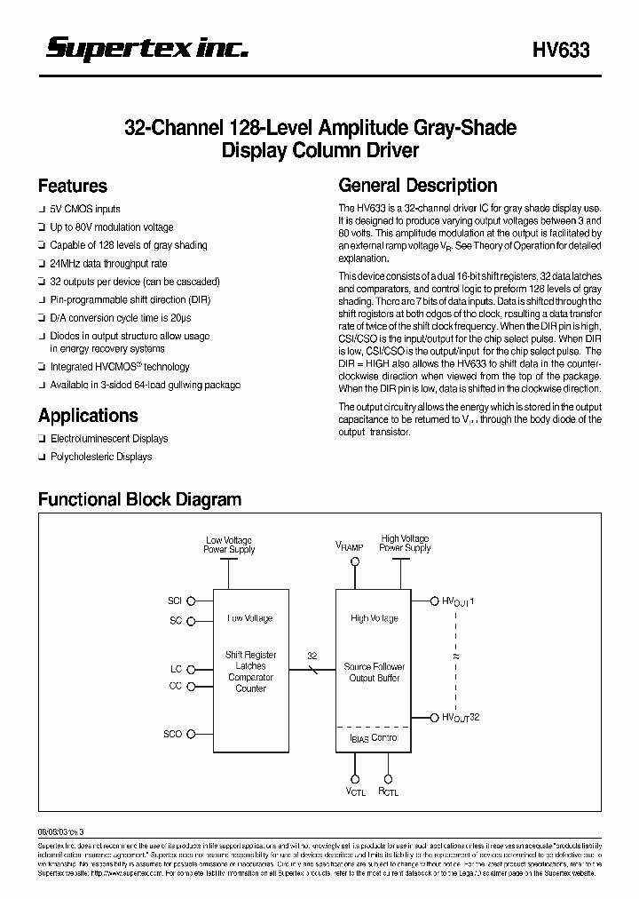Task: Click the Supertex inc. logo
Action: point(147,50)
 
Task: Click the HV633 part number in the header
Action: point(561,52)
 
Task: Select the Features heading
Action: point(73,187)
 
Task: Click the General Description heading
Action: point(418,186)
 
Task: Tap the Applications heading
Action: point(88,416)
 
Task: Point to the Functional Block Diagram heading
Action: point(139,499)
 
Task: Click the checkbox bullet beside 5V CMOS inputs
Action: point(42,210)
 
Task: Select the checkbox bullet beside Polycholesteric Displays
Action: point(42,457)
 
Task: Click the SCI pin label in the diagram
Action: point(174,601)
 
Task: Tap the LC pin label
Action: point(176,669)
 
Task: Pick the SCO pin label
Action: point(173,734)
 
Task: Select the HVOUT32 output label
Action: point(461,718)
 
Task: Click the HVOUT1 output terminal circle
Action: point(434,601)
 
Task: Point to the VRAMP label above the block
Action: point(349,546)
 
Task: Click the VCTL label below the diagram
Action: point(354,790)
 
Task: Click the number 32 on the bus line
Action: point(312,654)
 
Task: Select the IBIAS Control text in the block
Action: point(371,737)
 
